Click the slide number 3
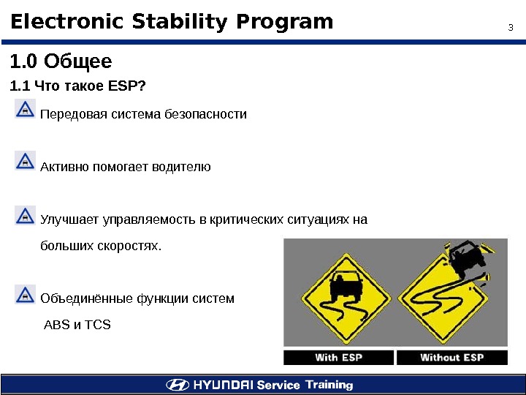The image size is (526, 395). point(511,29)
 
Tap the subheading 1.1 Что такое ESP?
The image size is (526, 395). point(77,87)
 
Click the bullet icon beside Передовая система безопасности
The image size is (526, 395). point(25,110)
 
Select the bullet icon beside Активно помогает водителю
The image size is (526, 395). point(25,161)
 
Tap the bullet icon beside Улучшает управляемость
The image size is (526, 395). point(25,214)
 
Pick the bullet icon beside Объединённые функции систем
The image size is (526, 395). point(25,294)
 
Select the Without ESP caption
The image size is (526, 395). point(451,358)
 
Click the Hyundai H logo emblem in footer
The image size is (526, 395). point(178,385)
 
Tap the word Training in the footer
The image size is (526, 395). point(329,385)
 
